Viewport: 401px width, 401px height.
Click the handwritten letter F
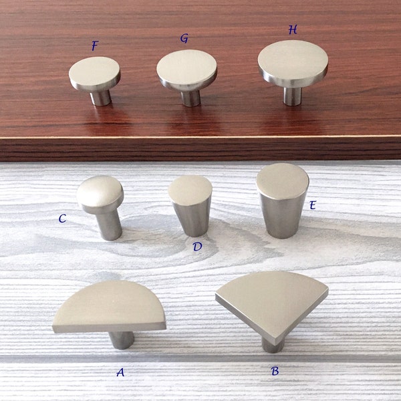[95, 46]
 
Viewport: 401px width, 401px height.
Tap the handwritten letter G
[184, 38]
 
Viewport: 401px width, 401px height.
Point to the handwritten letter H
[293, 30]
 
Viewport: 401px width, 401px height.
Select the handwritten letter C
[62, 219]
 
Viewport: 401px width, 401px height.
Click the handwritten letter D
[197, 247]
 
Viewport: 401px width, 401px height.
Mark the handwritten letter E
[312, 205]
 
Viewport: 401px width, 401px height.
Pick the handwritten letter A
[120, 372]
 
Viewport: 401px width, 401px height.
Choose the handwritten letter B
[275, 370]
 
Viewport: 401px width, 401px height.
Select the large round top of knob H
[293, 59]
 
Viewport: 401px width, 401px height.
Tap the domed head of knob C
[100, 192]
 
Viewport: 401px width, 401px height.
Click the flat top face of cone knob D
[190, 189]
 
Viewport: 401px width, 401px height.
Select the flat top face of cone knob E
[283, 180]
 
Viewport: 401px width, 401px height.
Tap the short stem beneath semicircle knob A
[121, 339]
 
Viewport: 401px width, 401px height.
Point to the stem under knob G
[191, 97]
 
